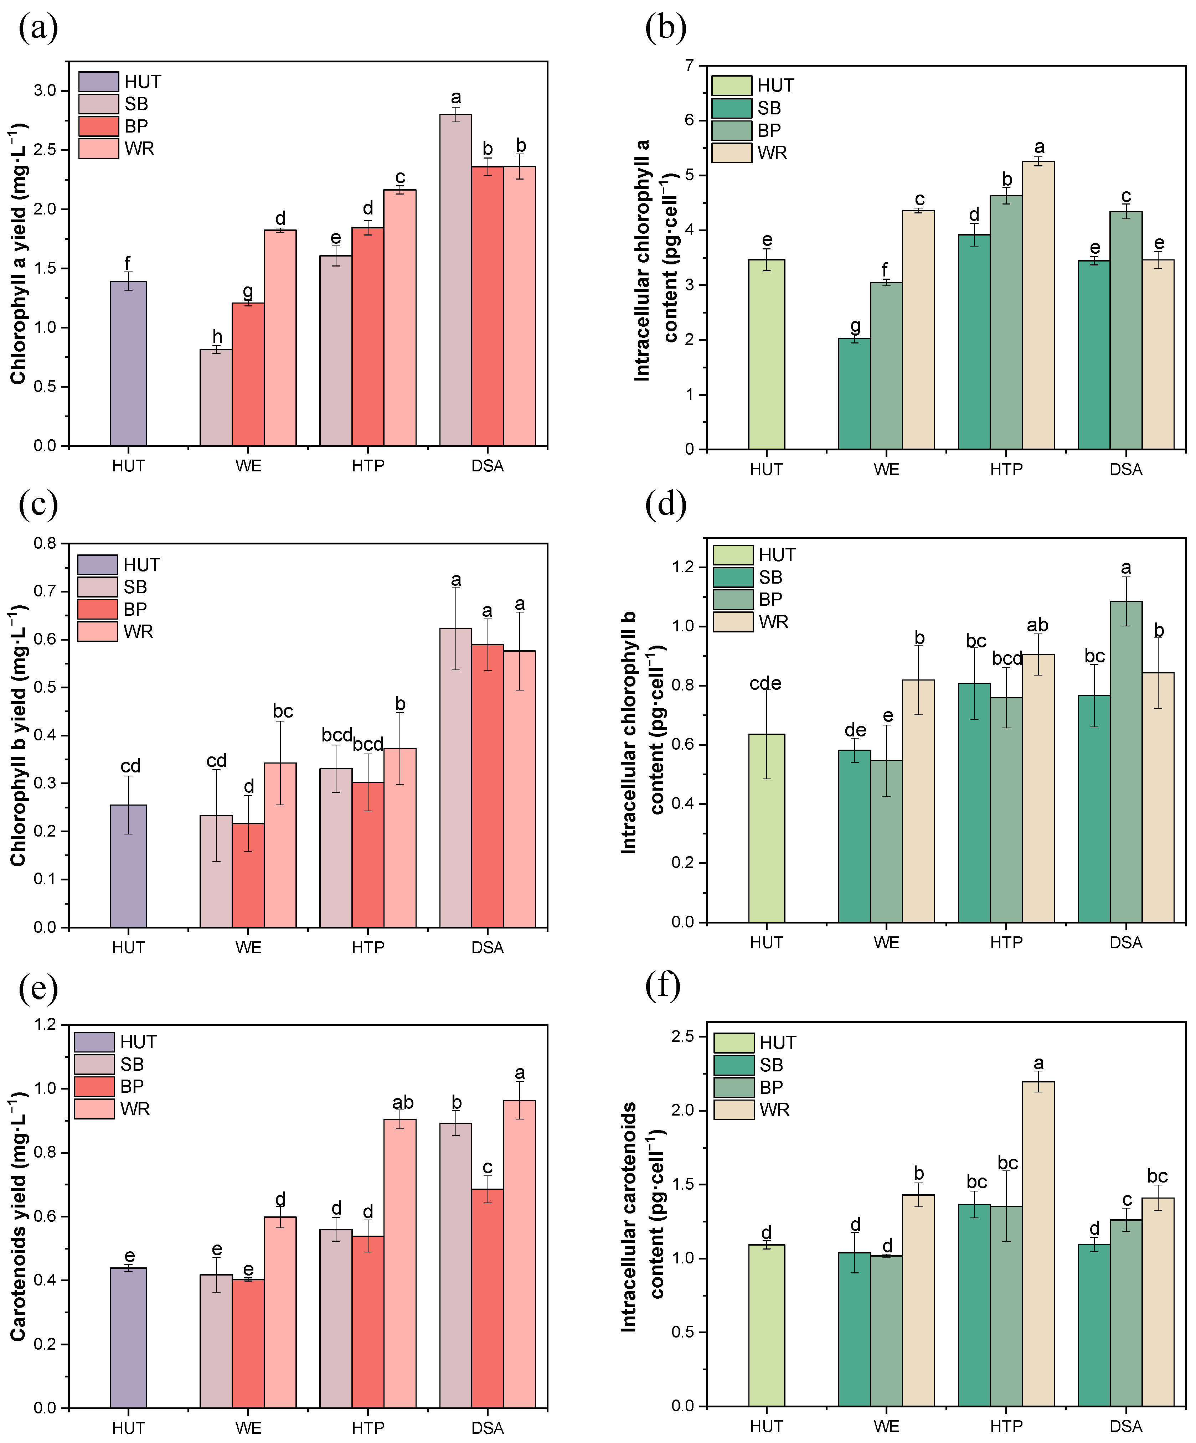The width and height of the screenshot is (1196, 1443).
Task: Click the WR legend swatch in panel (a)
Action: pos(98,149)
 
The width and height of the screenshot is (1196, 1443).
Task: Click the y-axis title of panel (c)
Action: pos(18,735)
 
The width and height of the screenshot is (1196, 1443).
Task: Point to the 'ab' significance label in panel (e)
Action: pos(403,1103)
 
